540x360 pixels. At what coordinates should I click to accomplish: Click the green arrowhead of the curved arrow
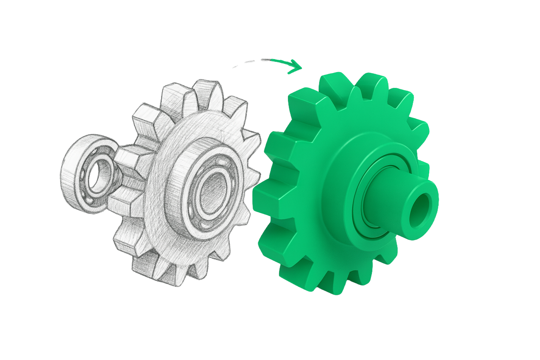tap(295, 67)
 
